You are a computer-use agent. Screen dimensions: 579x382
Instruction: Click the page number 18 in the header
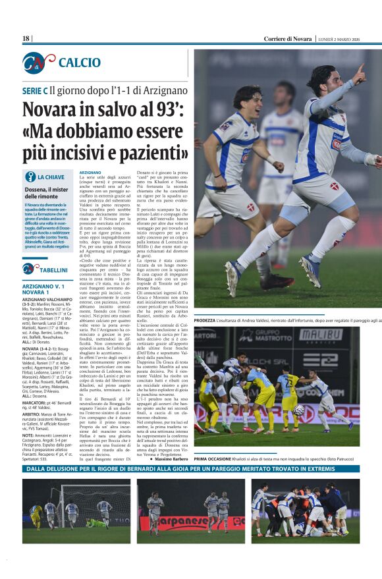[x=26, y=39]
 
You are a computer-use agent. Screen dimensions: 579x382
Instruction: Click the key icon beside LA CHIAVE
[x=30, y=177]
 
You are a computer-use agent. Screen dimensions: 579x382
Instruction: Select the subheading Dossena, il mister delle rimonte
[x=47, y=192]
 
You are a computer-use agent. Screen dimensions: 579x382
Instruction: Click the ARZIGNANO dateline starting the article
[x=90, y=173]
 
